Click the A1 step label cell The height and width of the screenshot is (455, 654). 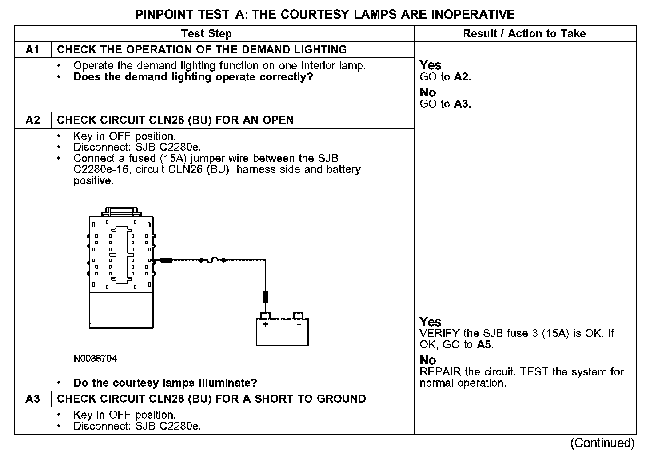tap(33, 50)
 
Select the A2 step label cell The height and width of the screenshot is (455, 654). tap(33, 120)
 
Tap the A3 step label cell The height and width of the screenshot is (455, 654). tap(33, 399)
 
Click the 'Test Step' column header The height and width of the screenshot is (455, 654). tap(207, 34)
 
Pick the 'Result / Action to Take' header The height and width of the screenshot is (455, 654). tap(524, 34)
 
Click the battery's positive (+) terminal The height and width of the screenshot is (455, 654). tap(265, 316)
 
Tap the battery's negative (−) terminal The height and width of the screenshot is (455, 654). tap(299, 316)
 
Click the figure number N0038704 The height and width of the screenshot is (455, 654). tap(95, 358)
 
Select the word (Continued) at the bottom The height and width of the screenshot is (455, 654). tap(602, 443)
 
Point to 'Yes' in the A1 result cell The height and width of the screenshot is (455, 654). tap(431, 65)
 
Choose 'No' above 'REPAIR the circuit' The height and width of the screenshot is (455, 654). tap(427, 360)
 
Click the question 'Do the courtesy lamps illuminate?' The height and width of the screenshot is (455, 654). tap(165, 383)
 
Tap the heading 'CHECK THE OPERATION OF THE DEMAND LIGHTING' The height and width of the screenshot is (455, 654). tap(202, 50)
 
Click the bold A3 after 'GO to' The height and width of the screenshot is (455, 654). tap(462, 104)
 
